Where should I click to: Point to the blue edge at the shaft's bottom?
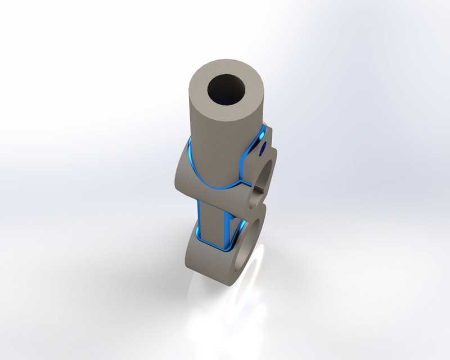(x=217, y=247)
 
